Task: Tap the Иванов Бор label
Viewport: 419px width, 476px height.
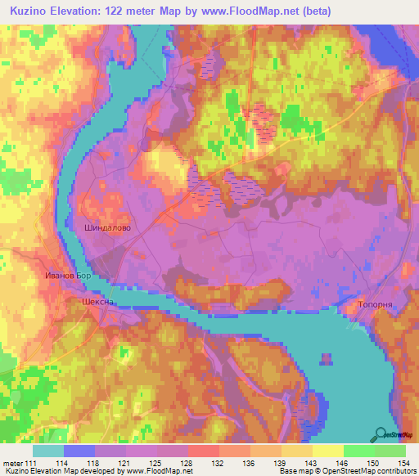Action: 65,276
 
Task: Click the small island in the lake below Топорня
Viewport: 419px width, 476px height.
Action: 327,358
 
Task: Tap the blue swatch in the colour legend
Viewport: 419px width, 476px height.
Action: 79,450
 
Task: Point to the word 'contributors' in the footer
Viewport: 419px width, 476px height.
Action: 391,471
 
